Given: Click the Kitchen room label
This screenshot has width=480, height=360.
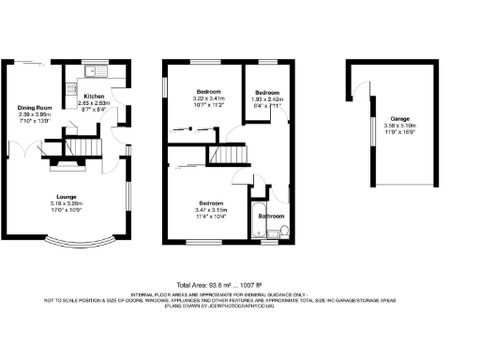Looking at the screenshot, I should [x=96, y=96].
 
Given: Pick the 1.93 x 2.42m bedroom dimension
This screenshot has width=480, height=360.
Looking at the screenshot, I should [x=267, y=100].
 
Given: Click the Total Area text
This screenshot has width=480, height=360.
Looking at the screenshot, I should [x=240, y=285].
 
